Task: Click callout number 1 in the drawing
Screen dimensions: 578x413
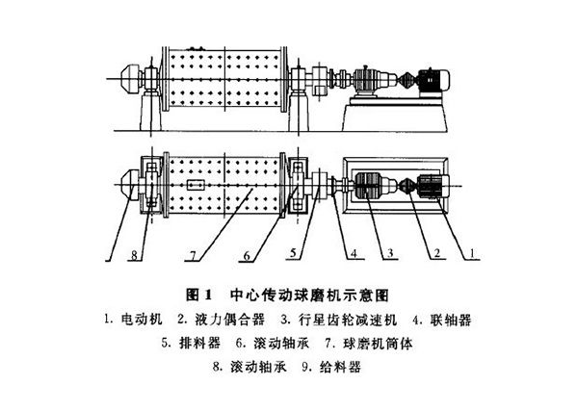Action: [471, 253]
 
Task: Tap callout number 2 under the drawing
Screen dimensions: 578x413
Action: [437, 253]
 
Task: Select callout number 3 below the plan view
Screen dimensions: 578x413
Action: [390, 253]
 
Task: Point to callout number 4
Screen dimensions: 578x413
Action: [354, 253]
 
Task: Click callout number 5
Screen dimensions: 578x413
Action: [293, 252]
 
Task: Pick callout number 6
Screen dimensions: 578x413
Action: [247, 255]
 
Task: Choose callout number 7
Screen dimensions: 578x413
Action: [193, 255]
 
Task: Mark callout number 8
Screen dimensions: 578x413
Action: [134, 254]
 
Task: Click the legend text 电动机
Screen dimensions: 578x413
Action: [142, 319]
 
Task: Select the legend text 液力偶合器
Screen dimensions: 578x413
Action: [229, 319]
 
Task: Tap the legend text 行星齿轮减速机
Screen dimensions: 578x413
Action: [348, 320]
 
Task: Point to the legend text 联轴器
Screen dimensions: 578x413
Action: [451, 320]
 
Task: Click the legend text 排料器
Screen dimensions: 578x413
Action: [199, 343]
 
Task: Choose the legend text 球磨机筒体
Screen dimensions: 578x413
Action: [378, 344]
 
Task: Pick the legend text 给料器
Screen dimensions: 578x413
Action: [340, 367]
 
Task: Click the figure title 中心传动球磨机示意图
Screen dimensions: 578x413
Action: [309, 295]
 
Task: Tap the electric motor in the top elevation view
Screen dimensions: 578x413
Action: [433, 80]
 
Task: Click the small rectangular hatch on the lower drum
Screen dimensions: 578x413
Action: [196, 184]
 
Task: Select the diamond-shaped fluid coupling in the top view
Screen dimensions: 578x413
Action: [407, 80]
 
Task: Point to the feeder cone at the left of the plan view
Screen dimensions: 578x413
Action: [130, 185]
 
